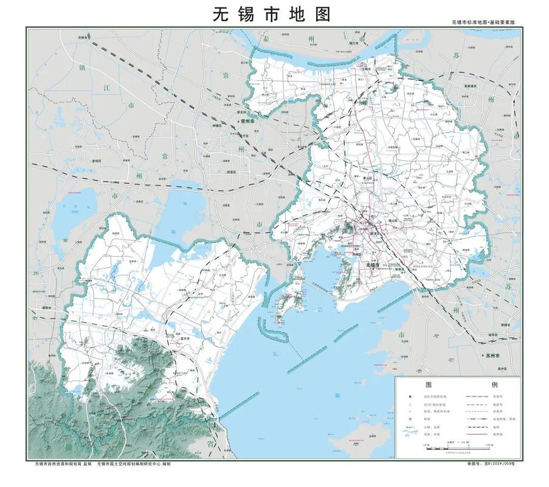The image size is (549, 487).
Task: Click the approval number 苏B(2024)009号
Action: click(x=491, y=464)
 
